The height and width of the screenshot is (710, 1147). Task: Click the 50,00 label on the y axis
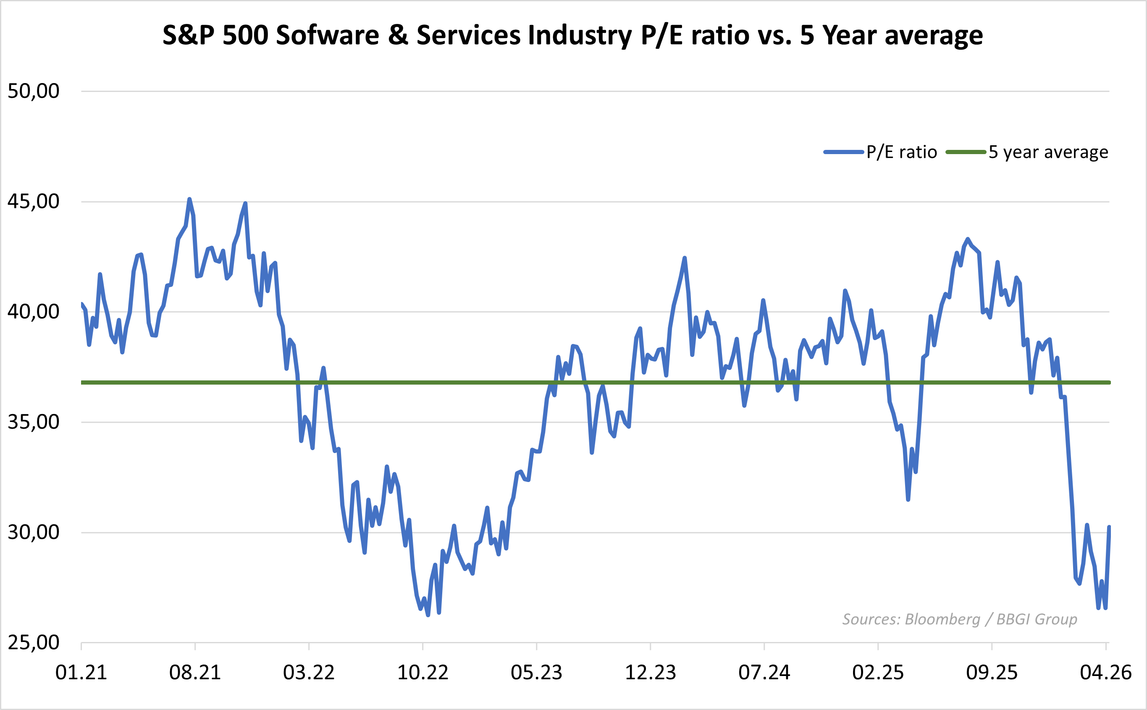pos(33,91)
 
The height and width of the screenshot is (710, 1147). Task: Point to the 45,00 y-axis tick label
pos(33,202)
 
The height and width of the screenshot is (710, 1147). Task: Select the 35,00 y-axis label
pos(33,422)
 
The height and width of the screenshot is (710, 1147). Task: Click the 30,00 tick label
pos(33,532)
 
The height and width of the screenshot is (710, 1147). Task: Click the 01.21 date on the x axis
pos(81,673)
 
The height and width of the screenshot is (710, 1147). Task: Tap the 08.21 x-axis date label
pos(195,673)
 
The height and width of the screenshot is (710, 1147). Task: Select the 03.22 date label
pos(309,673)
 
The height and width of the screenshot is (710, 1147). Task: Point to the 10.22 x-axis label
pos(423,673)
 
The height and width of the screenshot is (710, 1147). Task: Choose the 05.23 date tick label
pos(536,673)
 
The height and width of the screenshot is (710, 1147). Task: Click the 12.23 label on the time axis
pos(650,673)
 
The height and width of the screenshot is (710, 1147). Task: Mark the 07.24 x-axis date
pos(764,673)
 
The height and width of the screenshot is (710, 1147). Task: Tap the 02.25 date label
pos(878,673)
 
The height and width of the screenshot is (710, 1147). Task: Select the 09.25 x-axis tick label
pos(992,673)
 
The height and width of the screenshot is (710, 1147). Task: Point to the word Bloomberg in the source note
pos(942,619)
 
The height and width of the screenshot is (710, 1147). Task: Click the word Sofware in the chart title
pos(327,35)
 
